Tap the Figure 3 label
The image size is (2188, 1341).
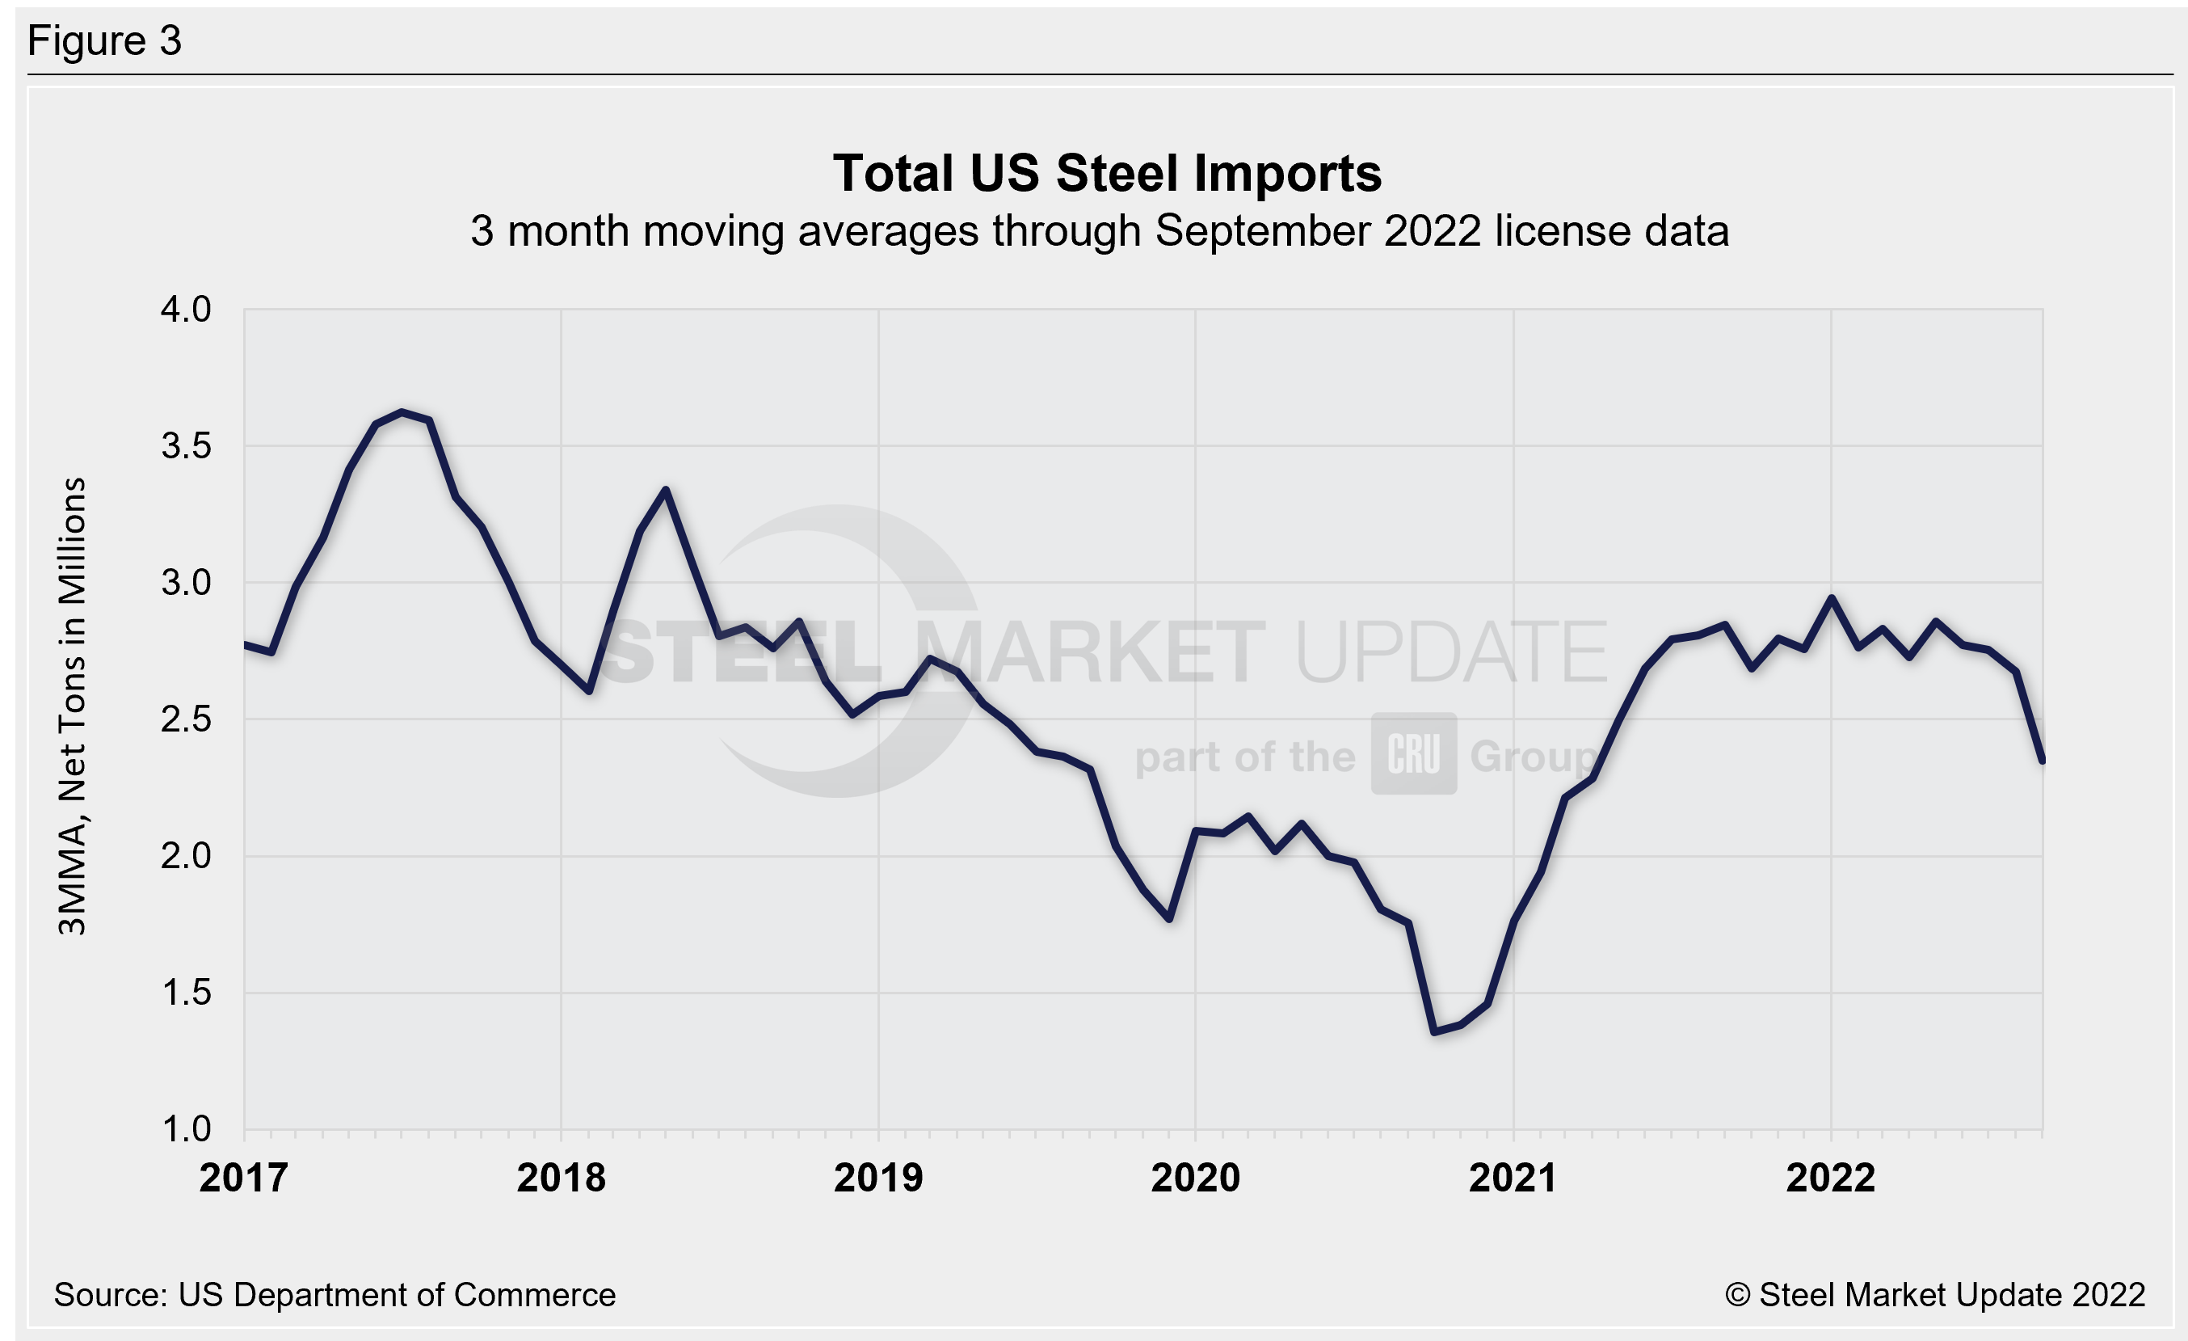105,41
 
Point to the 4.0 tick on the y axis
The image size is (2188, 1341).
186,309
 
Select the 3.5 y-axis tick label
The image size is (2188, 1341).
186,446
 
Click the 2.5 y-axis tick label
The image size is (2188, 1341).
186,719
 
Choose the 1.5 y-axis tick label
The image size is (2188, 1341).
186,992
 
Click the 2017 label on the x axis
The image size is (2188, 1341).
243,1178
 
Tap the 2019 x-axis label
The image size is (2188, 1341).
878,1178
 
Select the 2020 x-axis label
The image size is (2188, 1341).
1195,1178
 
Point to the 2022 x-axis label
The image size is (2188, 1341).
1830,1178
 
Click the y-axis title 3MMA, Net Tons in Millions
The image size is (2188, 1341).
72,706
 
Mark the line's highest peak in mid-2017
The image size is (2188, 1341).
402,412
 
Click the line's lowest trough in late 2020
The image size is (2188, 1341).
1434,1032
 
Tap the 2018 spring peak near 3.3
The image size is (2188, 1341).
665,489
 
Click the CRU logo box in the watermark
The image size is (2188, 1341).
1414,753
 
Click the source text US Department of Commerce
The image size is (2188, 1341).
396,1295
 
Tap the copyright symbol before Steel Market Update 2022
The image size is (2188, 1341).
1737,1295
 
